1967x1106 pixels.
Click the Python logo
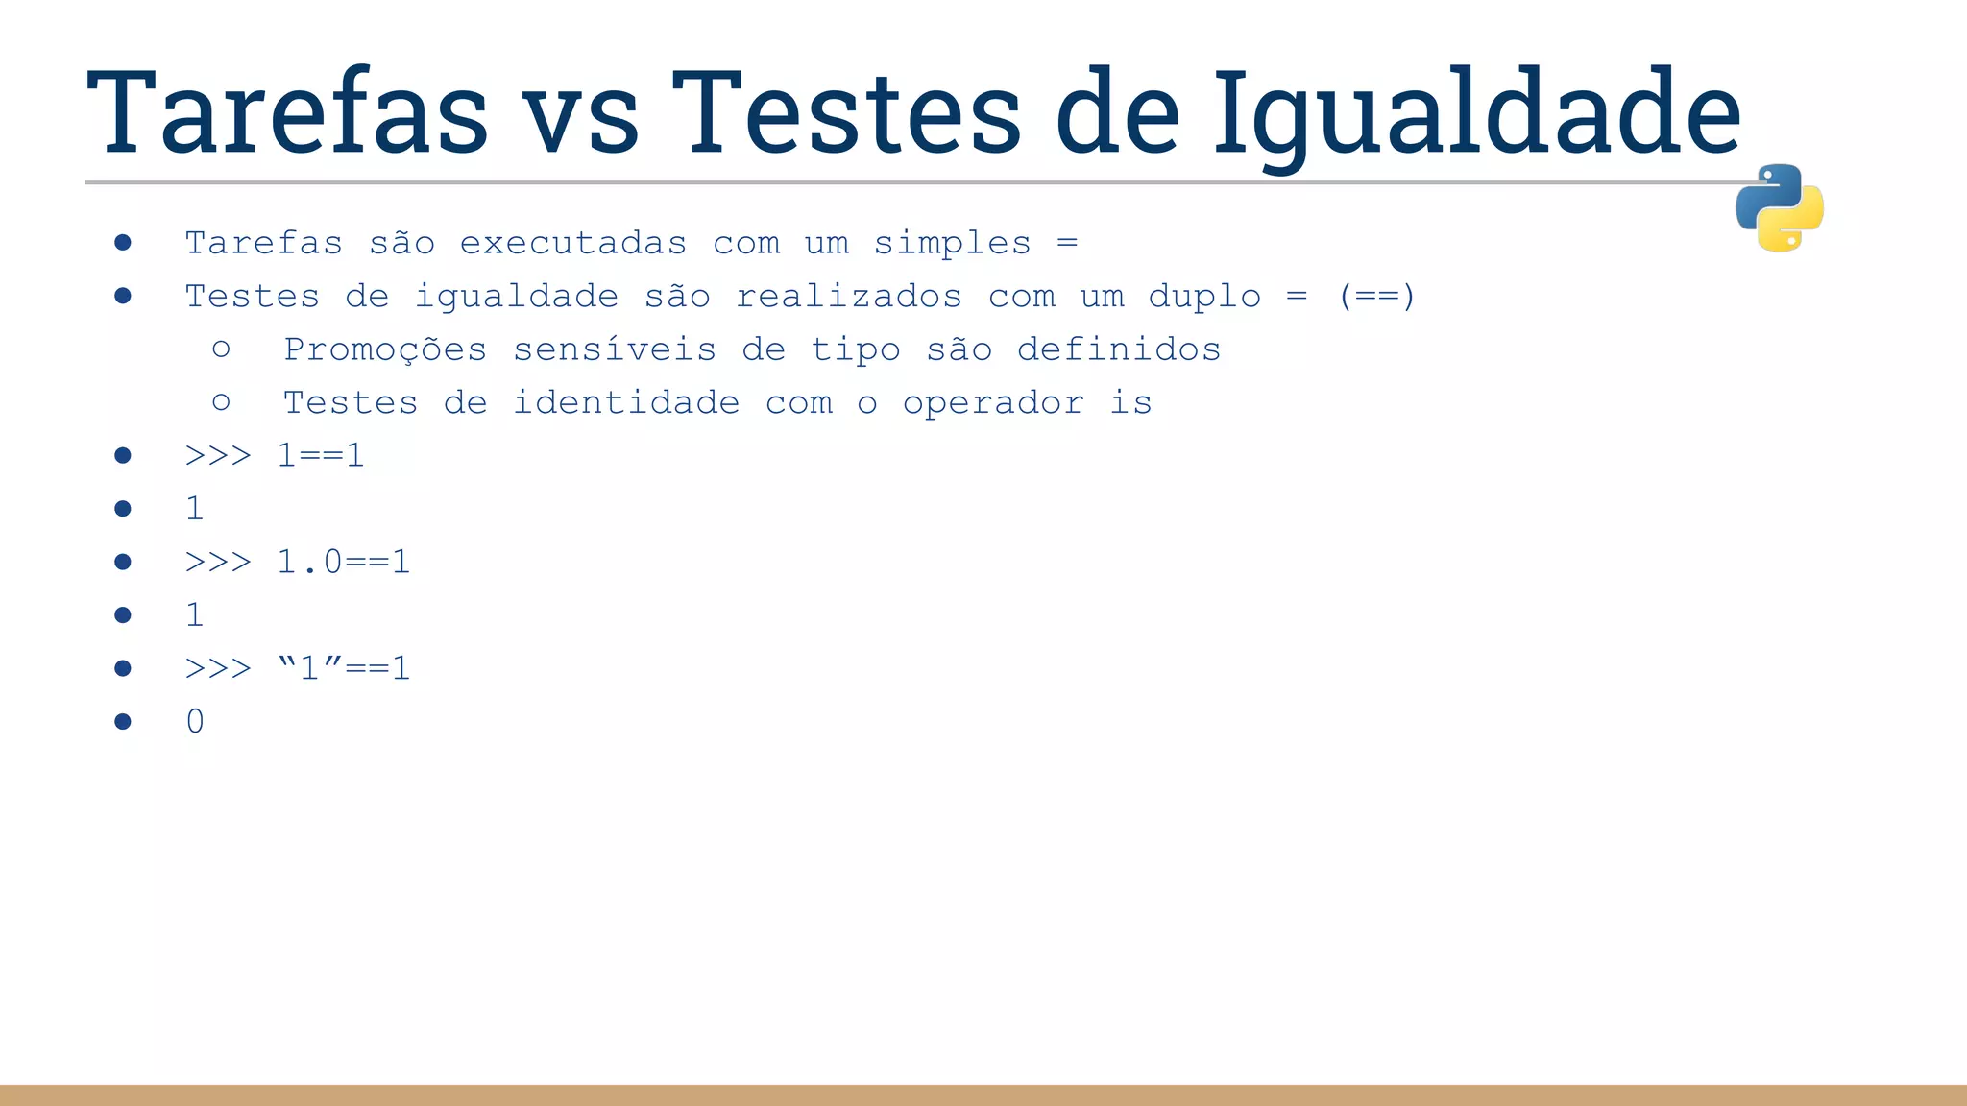1779,207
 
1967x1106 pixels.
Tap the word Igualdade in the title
1476,113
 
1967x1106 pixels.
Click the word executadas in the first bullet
573,244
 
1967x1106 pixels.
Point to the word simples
952,244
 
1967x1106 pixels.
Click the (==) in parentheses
1376,297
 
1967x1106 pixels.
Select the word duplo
1204,297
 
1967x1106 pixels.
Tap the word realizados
849,297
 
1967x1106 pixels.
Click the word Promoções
385,349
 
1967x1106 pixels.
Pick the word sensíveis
615,349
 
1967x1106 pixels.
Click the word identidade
626,403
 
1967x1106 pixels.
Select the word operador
993,403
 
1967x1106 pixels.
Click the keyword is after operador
1130,403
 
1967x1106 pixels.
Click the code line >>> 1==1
275,455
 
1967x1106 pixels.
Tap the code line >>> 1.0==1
298,562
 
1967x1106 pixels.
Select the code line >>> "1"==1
298,668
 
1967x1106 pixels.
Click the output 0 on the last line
195,721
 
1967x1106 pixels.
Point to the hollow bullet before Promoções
221,349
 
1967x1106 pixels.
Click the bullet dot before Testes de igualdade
122,296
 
